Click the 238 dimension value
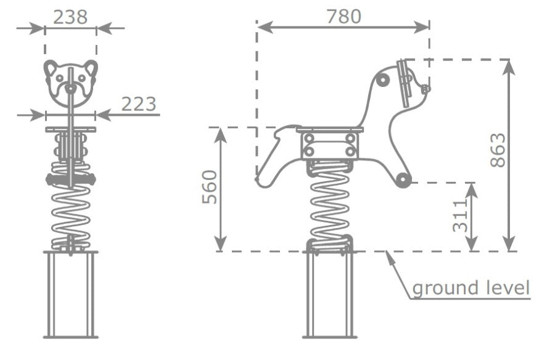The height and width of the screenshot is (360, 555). [70, 17]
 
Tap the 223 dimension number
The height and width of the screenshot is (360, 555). [139, 104]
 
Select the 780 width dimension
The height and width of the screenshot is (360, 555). [343, 16]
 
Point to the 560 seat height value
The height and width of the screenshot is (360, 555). [209, 187]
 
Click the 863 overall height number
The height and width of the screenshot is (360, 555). [498, 149]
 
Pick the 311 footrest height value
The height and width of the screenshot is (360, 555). [460, 216]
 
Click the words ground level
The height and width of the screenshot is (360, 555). [471, 288]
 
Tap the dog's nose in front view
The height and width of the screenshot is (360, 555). [70, 88]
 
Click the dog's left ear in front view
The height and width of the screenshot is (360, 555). [51, 68]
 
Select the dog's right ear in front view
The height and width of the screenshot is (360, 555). [91, 68]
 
